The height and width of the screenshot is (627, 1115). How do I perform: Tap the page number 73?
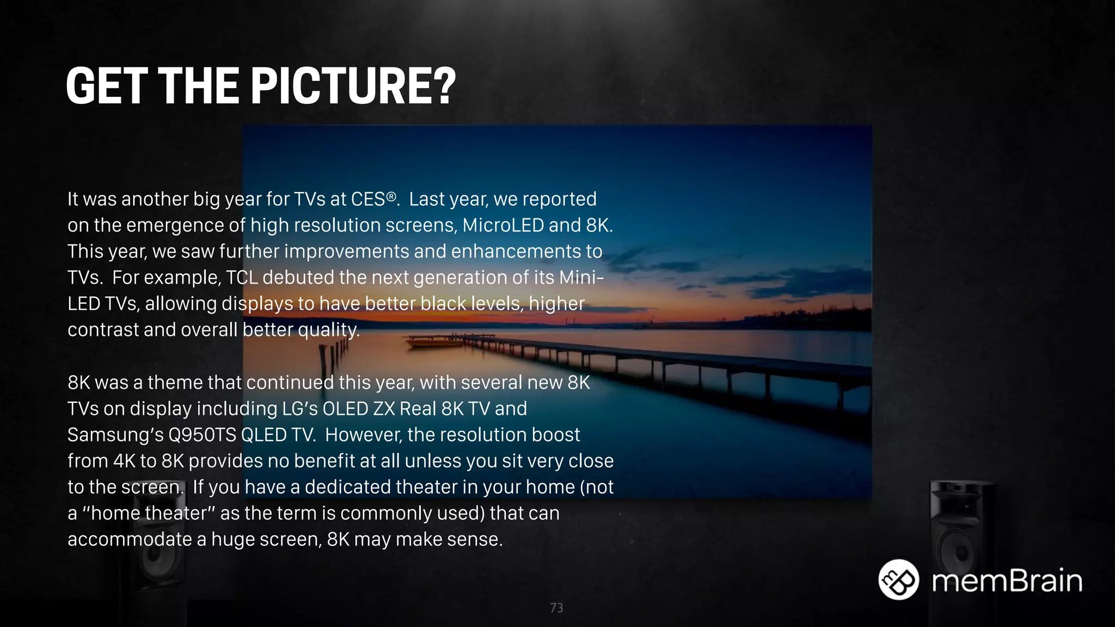pos(556,608)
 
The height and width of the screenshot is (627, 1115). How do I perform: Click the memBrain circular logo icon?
pos(898,580)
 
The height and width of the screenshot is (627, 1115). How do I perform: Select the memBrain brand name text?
pos(1007,581)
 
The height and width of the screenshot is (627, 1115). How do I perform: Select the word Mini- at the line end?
pos(581,278)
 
